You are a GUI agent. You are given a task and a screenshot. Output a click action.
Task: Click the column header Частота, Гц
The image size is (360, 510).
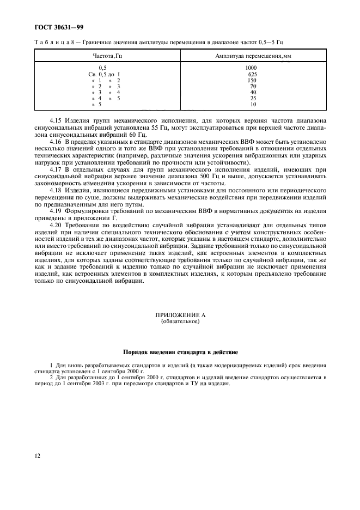click(107, 56)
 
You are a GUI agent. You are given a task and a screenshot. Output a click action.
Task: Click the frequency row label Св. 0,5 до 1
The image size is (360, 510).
click(104, 74)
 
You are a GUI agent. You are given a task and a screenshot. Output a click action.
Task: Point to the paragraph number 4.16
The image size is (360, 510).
click(55, 141)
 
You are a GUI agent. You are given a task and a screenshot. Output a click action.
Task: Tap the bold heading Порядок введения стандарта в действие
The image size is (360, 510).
click(180, 353)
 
